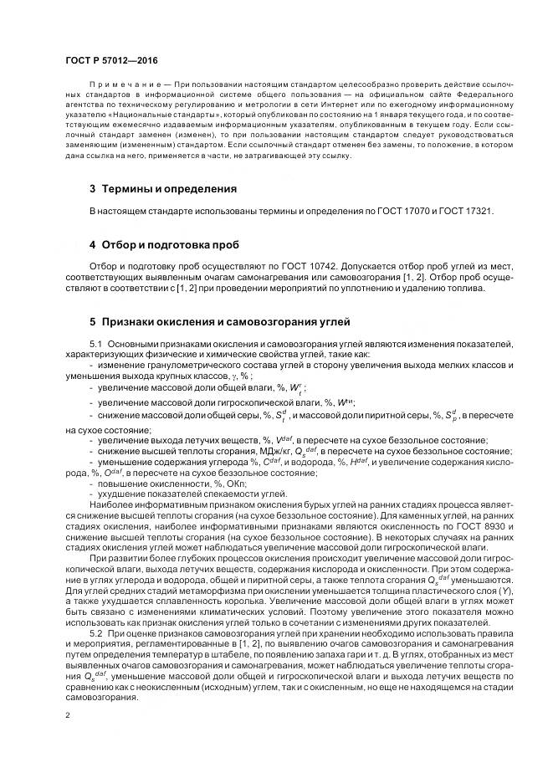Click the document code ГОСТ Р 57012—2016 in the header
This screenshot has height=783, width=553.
tap(110, 61)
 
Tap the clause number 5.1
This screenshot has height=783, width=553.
tap(96, 344)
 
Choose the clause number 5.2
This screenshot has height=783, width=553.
tap(96, 635)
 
